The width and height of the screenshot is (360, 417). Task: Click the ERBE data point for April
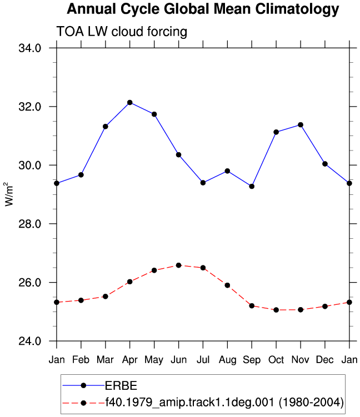(x=129, y=102)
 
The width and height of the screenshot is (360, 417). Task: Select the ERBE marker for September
(x=252, y=187)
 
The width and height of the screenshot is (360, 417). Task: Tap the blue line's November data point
(x=301, y=125)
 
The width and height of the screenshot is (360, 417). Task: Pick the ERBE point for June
(x=178, y=155)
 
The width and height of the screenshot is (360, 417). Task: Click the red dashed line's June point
(x=178, y=265)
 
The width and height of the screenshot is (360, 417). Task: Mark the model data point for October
(x=276, y=310)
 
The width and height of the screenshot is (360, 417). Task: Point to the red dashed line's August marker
(x=227, y=285)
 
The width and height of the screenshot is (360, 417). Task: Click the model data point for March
(x=106, y=297)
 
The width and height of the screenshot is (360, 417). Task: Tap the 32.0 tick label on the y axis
(x=30, y=107)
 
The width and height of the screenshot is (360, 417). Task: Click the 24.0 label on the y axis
(x=30, y=341)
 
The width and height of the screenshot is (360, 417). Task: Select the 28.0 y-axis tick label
(x=30, y=224)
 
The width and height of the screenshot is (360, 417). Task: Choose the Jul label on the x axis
(x=203, y=360)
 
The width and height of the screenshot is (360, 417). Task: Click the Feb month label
(x=81, y=360)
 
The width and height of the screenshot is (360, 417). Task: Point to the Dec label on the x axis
(x=325, y=360)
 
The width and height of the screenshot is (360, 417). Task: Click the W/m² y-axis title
(x=9, y=194)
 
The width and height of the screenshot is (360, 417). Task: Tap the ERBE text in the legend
(x=121, y=385)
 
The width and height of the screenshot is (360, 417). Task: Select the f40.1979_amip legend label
(x=224, y=402)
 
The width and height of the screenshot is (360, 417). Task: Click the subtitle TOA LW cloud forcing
(x=122, y=32)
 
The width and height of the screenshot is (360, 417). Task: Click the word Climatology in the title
(x=297, y=9)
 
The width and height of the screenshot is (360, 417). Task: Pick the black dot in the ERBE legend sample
(x=83, y=385)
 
